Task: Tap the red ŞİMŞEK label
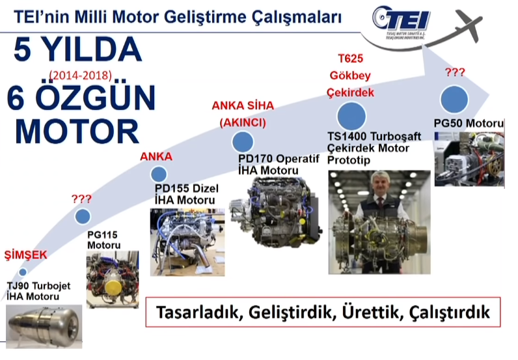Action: pyautogui.click(x=26, y=255)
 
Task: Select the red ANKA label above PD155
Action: pyautogui.click(x=156, y=157)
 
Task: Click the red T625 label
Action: pyautogui.click(x=351, y=59)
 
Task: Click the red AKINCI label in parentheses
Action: pyautogui.click(x=243, y=122)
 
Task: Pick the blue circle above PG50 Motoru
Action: pyautogui.click(x=455, y=100)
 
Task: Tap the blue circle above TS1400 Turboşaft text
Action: pyautogui.click(x=351, y=115)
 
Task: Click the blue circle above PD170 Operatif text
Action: pyautogui.click(x=243, y=141)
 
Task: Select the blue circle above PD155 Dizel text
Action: pyautogui.click(x=158, y=174)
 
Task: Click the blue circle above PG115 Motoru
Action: pyautogui.click(x=83, y=217)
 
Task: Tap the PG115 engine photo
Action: pyautogui.click(x=109, y=280)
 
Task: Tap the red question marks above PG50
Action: pyautogui.click(x=454, y=72)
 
